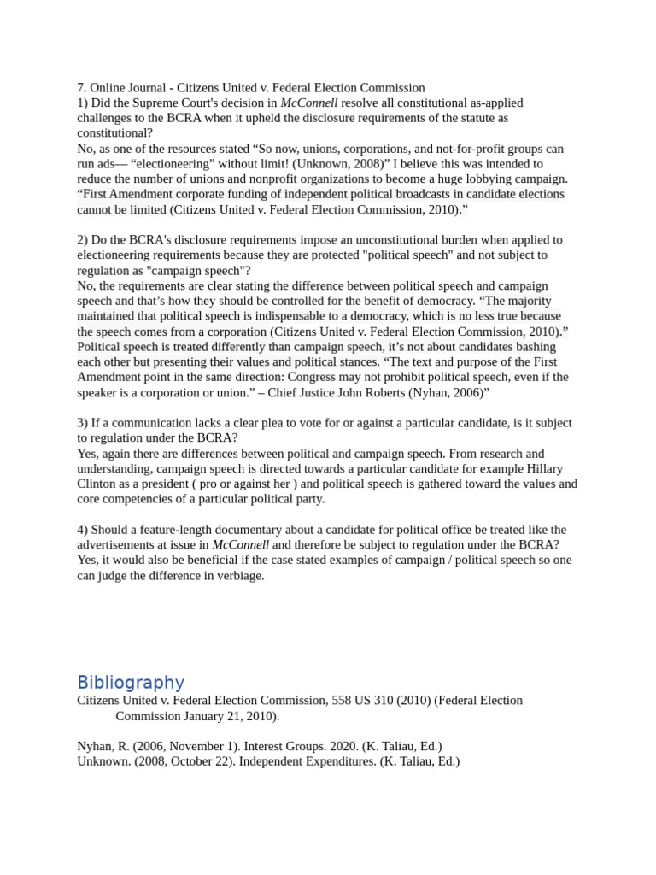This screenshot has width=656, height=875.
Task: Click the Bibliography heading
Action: [131, 682]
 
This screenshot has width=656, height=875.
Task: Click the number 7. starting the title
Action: [82, 87]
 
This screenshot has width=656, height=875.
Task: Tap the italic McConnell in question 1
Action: [308, 103]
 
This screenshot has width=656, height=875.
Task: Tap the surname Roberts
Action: [338, 392]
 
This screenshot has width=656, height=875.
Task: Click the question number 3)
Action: [83, 423]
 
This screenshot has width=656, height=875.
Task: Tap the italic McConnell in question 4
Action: [240, 545]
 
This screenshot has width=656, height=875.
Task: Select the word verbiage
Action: [238, 576]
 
